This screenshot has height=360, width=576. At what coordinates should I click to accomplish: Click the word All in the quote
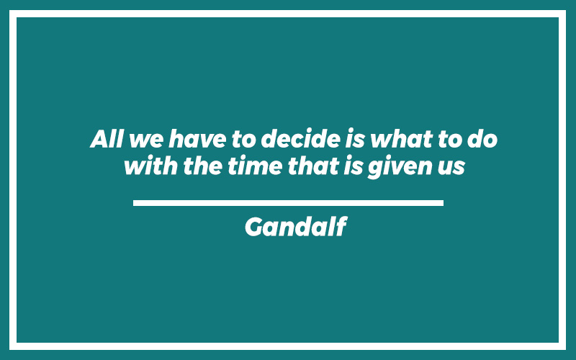[x=106, y=138]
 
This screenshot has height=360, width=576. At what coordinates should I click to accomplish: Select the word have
[x=197, y=138]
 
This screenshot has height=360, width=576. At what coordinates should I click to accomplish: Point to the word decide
[x=300, y=138]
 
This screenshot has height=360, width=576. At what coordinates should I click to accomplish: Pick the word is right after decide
[x=355, y=139]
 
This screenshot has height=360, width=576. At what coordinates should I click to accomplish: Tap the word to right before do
[x=450, y=139]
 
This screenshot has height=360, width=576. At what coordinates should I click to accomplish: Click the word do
[x=482, y=138]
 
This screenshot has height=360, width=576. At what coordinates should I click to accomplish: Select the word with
[x=151, y=166]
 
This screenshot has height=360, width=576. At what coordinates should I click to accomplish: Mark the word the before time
[x=203, y=166]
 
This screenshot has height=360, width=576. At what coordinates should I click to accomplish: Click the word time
[x=255, y=166]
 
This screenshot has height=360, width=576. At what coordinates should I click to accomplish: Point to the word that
[x=313, y=166]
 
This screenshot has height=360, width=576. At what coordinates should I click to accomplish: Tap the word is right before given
[x=354, y=166]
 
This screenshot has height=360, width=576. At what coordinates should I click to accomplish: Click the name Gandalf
[x=296, y=227]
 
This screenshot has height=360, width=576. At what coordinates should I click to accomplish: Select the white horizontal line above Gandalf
[x=289, y=203]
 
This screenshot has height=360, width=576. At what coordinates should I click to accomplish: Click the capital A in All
[x=101, y=139]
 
